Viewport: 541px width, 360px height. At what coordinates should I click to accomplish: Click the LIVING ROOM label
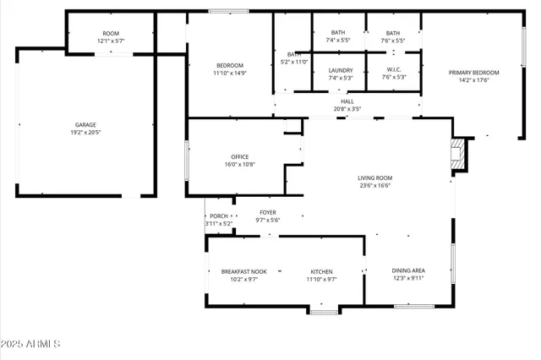[x=375, y=177]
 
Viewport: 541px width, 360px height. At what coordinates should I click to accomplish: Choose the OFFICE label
[x=240, y=156]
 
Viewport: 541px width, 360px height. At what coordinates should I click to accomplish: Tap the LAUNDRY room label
[x=340, y=70]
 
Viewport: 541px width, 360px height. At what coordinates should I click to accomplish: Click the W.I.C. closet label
[x=394, y=70]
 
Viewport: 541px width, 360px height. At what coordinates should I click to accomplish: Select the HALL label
[x=347, y=101]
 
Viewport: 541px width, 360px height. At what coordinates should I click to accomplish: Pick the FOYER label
[x=267, y=212]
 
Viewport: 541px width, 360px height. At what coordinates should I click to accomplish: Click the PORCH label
[x=218, y=216]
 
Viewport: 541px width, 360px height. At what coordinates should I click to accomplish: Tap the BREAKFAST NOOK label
[x=243, y=271]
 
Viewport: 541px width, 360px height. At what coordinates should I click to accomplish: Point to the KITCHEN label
[x=320, y=271]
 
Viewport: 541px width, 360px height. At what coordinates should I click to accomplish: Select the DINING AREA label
[x=408, y=270]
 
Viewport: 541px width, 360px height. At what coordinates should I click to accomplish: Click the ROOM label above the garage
[x=111, y=34]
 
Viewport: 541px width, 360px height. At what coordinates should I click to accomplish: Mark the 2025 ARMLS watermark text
[x=31, y=345]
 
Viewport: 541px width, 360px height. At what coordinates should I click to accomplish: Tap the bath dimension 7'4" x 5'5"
[x=337, y=40]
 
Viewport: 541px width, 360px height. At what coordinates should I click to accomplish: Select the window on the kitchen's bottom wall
[x=323, y=313]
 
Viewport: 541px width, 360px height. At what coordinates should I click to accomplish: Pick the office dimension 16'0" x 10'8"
[x=240, y=165]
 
